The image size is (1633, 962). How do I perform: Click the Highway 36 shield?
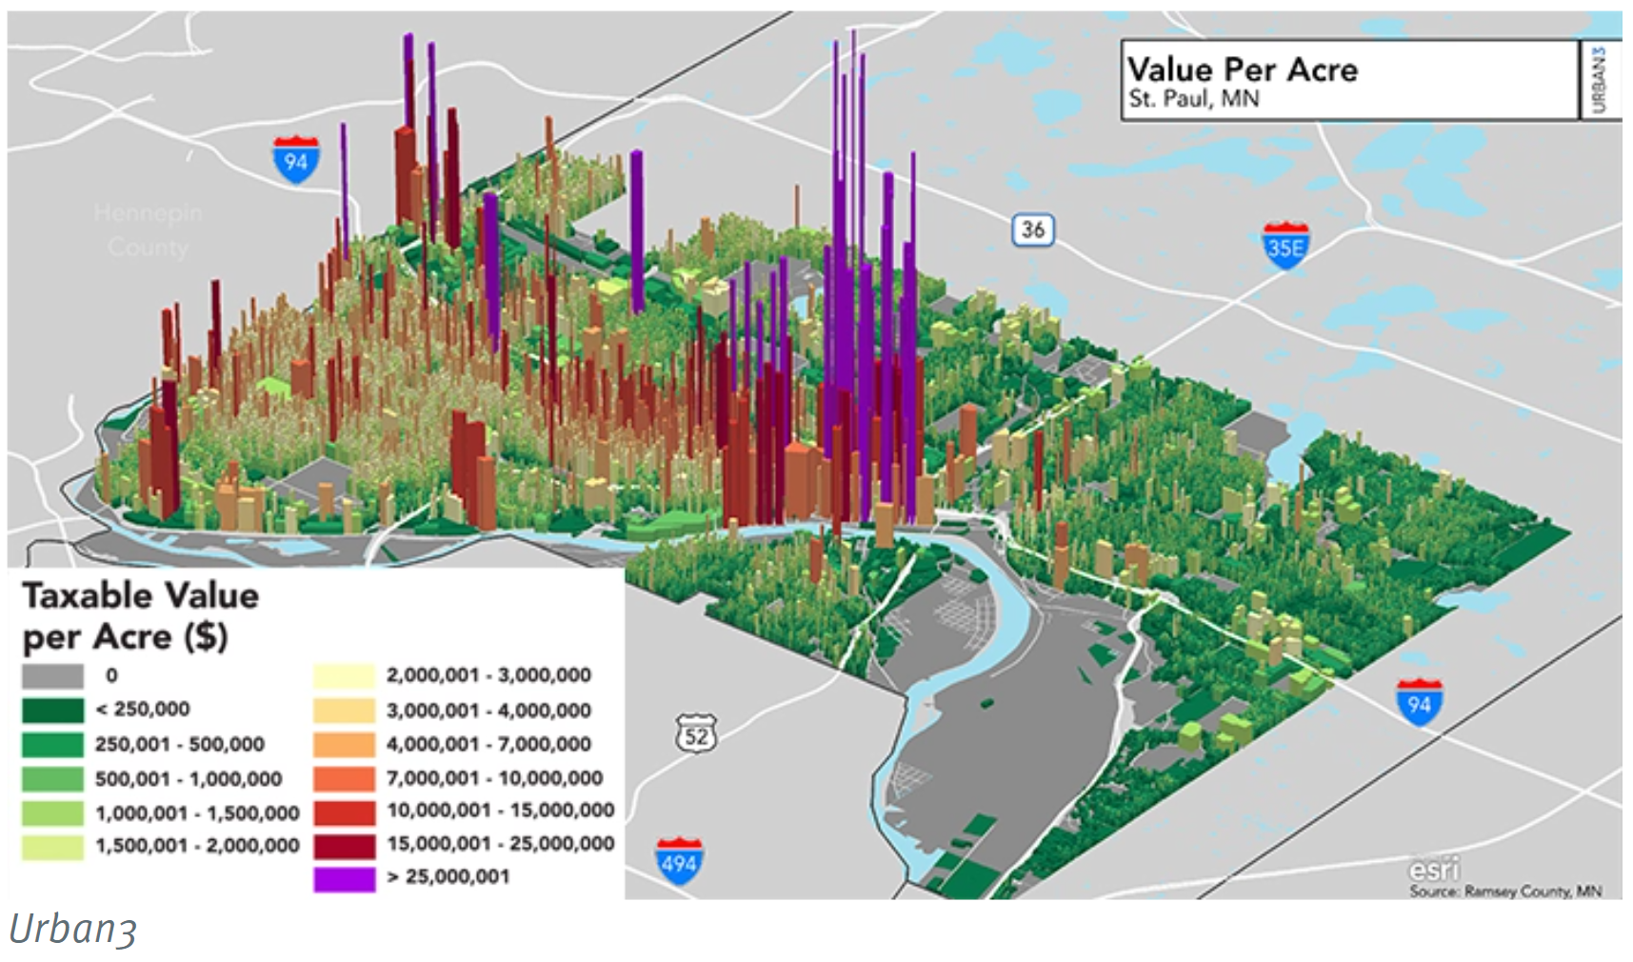coord(1032,230)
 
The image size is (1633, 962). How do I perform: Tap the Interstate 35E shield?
coord(1284,245)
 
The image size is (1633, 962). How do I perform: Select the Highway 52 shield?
coord(696,734)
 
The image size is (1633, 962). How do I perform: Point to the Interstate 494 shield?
coord(679,861)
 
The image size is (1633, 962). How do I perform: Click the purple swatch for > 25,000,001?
coord(344,877)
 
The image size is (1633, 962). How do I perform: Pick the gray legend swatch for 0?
coord(52,676)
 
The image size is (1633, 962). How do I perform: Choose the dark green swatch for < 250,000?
coord(52,711)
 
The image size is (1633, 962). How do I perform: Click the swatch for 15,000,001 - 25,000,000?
coord(344,844)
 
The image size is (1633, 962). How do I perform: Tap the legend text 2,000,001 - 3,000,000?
coord(488,675)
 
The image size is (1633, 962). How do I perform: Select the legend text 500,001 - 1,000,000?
coord(189,779)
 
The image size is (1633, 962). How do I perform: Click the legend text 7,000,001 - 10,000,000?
coord(494,778)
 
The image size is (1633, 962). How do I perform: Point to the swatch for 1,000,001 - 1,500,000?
coord(52,813)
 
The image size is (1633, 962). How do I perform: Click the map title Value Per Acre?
coord(1242,70)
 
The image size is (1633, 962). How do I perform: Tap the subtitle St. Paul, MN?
coord(1193,99)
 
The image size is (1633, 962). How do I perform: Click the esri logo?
coord(1433,870)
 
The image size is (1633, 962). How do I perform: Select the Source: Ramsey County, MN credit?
coord(1504,892)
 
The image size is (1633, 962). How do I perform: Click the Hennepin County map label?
coord(148,230)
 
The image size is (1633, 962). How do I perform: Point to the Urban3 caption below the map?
coord(73,930)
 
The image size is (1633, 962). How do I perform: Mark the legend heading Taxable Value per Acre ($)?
coord(140,615)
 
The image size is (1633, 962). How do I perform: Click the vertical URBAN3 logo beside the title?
coord(1599,79)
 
